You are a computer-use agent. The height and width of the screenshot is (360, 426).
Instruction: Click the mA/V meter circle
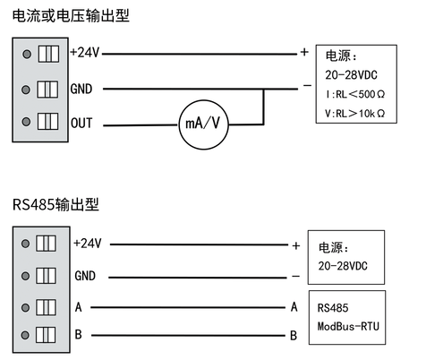tap(205, 124)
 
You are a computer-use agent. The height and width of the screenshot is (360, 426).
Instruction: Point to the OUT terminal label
tap(81, 124)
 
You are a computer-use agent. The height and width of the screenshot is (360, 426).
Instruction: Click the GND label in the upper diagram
tap(81, 89)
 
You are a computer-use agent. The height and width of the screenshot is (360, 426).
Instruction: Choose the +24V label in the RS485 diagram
tap(88, 243)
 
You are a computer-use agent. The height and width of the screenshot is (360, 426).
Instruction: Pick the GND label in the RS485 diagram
tap(85, 275)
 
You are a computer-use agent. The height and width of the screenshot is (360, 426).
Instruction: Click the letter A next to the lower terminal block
tap(78, 307)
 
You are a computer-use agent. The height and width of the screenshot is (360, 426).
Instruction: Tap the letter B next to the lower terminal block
tap(78, 335)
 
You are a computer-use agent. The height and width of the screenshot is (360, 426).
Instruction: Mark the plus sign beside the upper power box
tap(304, 52)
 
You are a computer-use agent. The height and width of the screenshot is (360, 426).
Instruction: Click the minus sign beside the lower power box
tap(294, 276)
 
